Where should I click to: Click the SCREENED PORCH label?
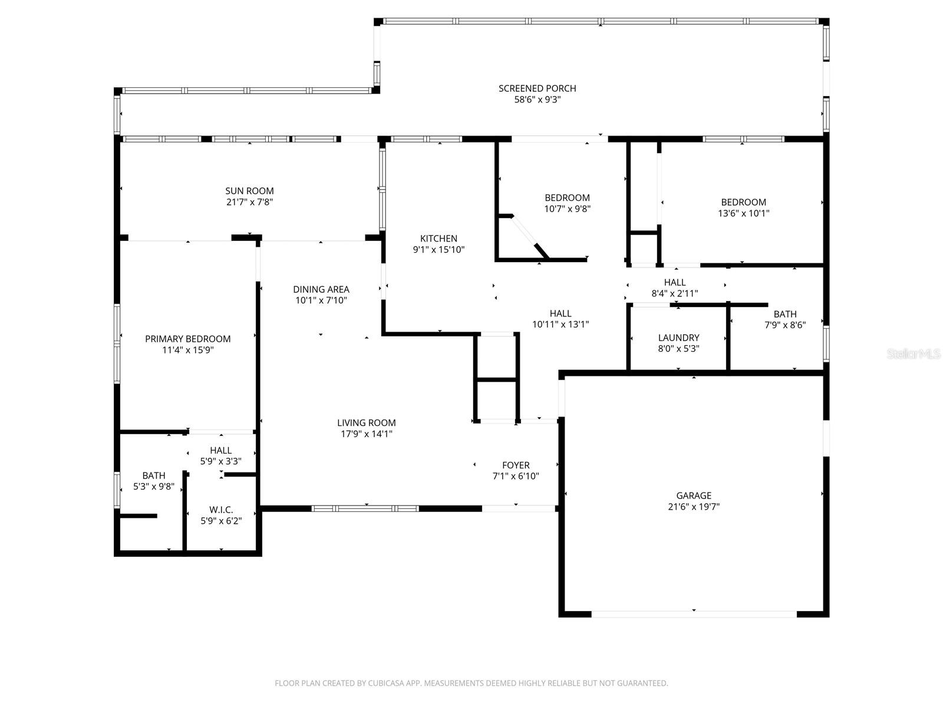click(537, 88)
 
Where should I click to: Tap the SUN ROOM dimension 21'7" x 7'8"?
click(249, 202)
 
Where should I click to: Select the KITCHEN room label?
click(438, 239)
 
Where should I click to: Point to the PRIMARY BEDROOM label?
click(187, 339)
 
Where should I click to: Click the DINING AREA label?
click(321, 289)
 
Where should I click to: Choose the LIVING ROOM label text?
click(366, 422)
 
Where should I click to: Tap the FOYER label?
click(516, 465)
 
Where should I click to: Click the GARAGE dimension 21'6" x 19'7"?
click(694, 507)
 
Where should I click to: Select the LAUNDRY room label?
click(678, 338)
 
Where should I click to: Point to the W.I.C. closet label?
click(221, 510)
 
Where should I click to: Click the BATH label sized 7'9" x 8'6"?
click(785, 314)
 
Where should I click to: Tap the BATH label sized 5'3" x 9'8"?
click(154, 475)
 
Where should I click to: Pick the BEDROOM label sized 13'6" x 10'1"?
click(743, 202)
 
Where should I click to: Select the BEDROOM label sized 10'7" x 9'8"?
click(567, 198)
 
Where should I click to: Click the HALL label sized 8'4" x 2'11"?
click(675, 282)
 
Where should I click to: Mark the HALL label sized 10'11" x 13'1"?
click(560, 313)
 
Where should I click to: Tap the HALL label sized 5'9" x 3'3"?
click(220, 450)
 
